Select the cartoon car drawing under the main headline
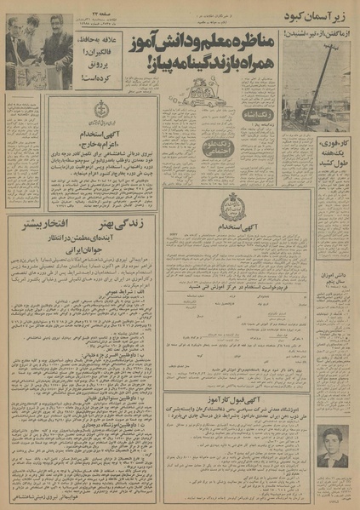[207, 88]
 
